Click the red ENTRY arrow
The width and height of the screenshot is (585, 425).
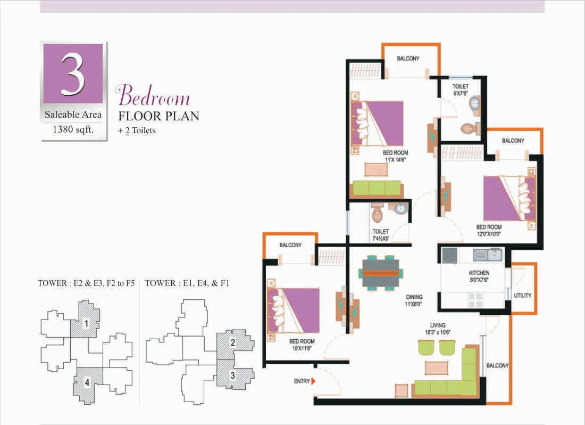[313, 381]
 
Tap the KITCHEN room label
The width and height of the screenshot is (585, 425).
[479, 273]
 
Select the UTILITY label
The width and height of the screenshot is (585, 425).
[522, 296]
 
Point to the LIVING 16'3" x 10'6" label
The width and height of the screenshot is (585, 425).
[438, 329]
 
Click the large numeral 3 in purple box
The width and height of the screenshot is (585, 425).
[73, 73]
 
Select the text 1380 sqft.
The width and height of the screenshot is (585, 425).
[73, 129]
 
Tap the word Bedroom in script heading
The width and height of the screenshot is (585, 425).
[153, 95]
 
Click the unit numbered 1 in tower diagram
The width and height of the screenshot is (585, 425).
[86, 323]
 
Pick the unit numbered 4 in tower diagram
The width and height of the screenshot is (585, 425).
[87, 382]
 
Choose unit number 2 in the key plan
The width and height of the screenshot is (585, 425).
[233, 342]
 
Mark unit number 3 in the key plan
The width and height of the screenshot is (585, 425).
[233, 374]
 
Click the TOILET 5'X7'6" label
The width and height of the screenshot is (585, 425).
[461, 89]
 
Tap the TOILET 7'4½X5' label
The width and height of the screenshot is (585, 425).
[381, 235]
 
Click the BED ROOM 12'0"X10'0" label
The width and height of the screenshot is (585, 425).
[489, 231]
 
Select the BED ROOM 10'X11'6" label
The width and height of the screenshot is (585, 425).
[302, 345]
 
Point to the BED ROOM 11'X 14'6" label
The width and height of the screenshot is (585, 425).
[396, 156]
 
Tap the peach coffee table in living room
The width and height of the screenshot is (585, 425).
[437, 367]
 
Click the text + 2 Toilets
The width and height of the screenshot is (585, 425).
[137, 130]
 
